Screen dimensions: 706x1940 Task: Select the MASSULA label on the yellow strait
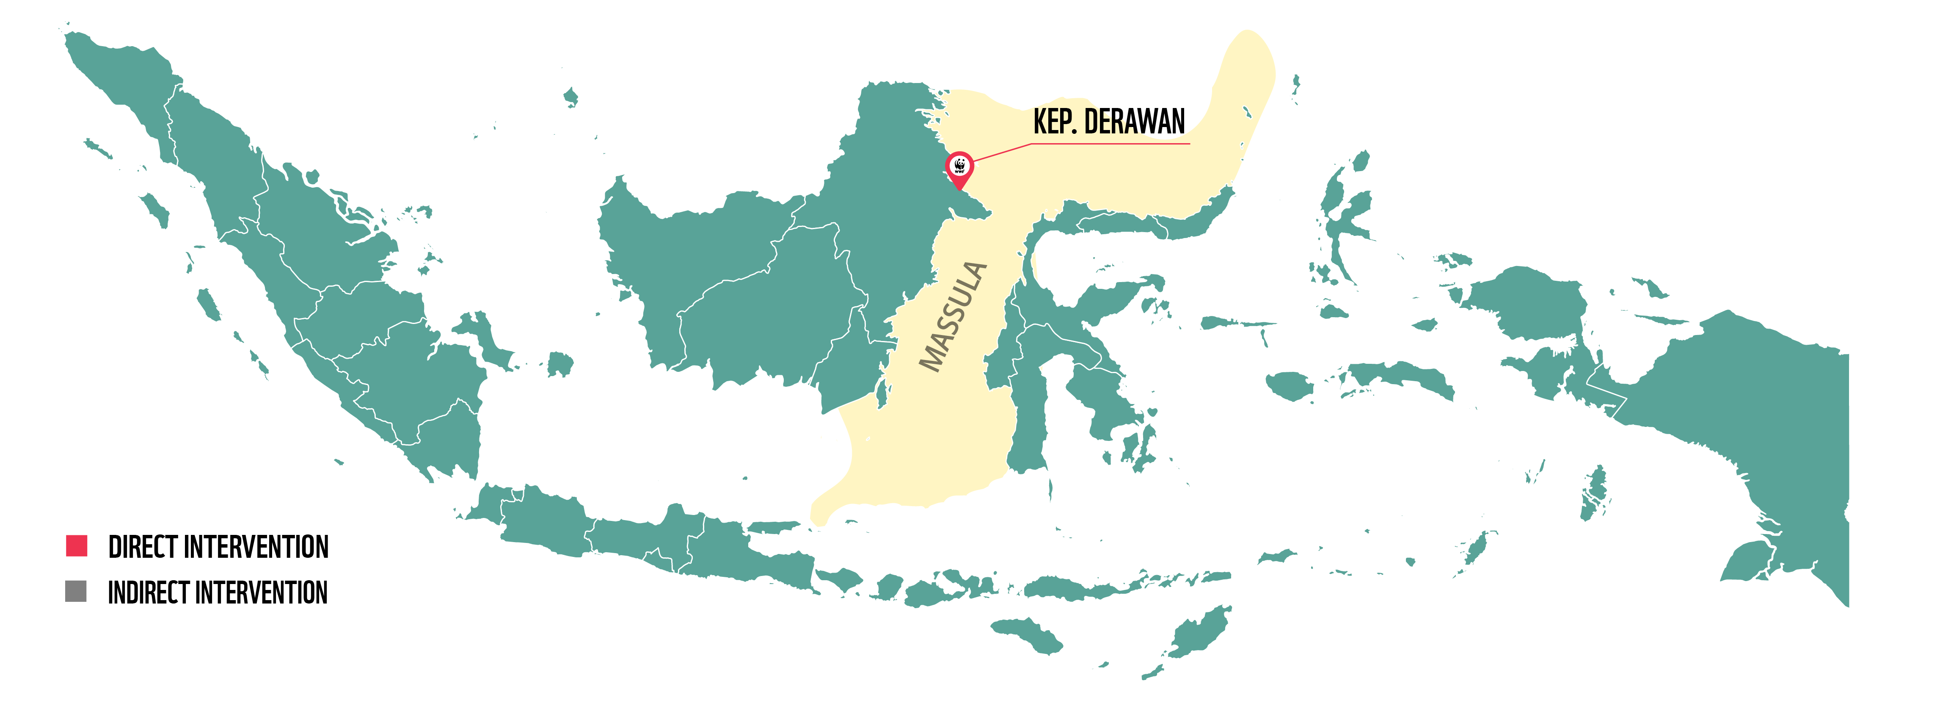click(x=953, y=316)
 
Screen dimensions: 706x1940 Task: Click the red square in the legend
click(x=77, y=545)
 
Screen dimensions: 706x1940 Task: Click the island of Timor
click(x=1197, y=633)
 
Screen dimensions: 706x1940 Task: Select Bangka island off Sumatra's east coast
click(x=482, y=335)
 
